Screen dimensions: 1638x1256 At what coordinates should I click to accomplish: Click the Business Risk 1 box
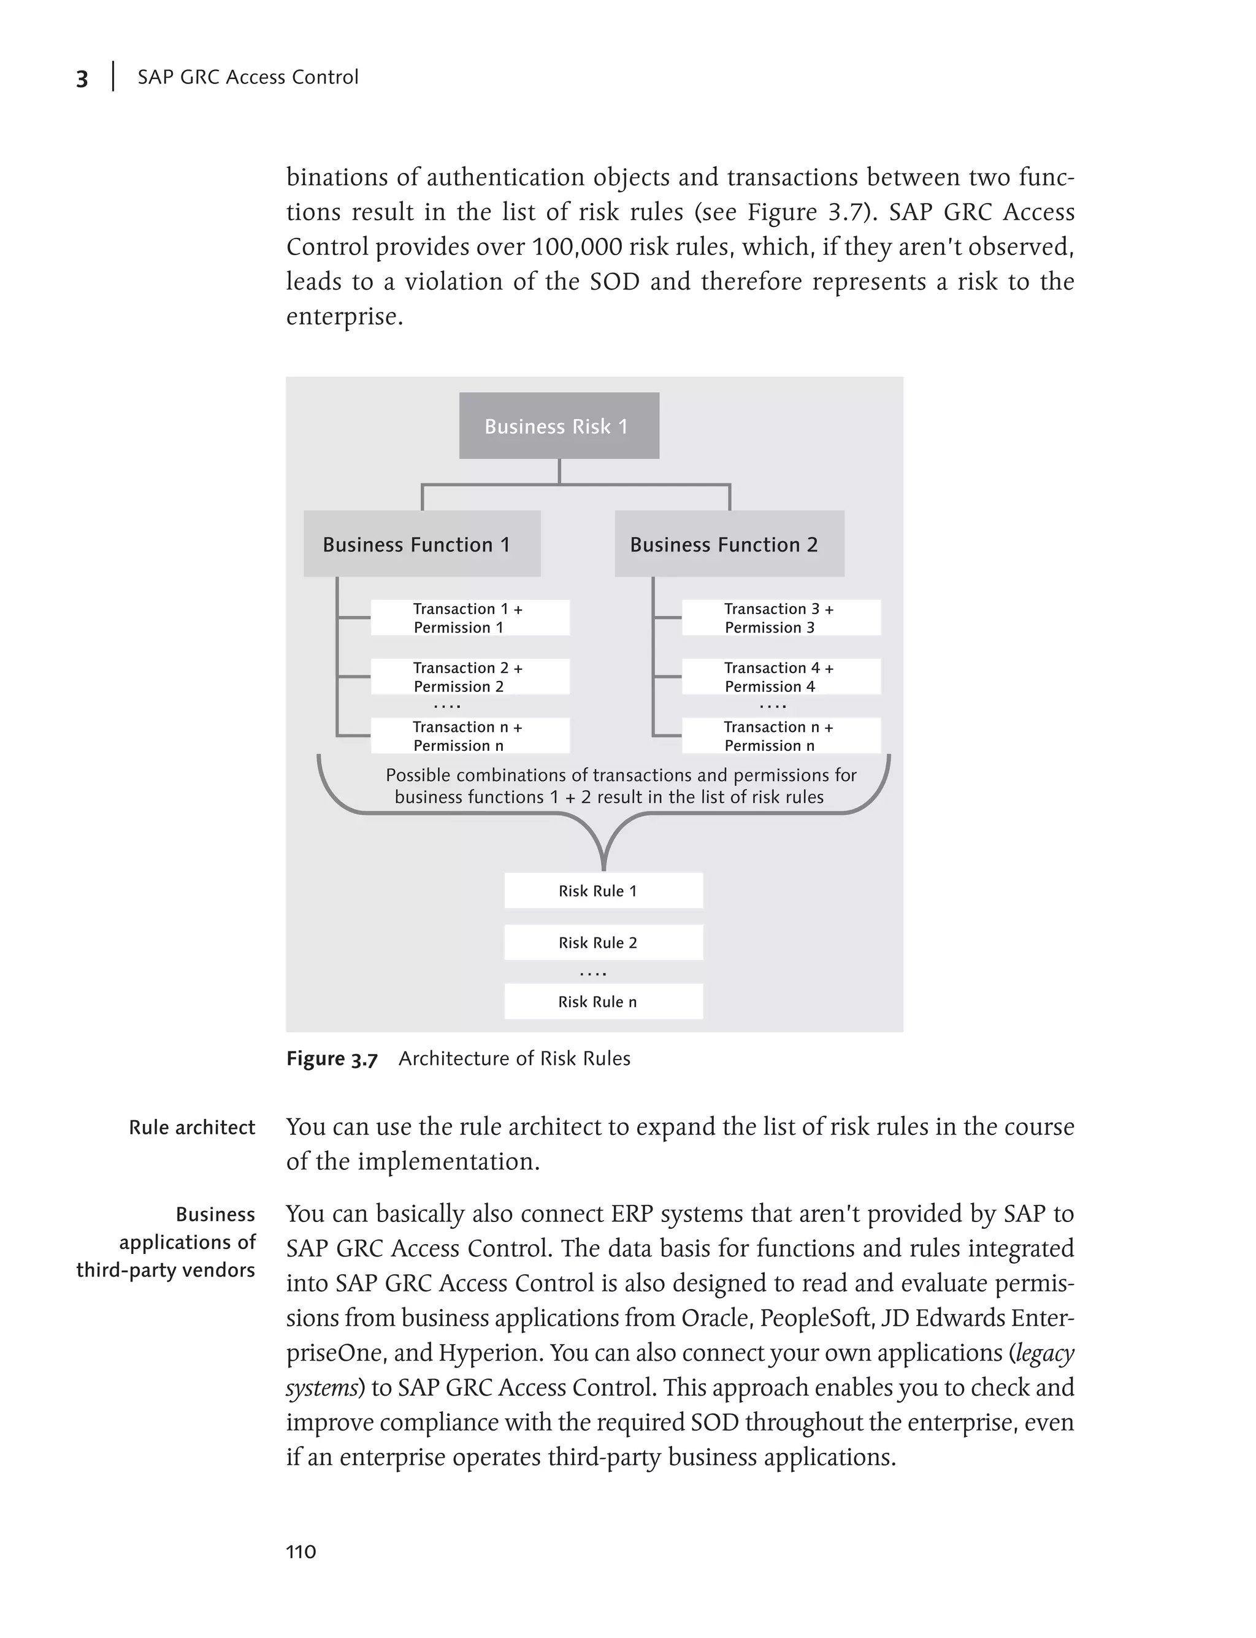(x=559, y=426)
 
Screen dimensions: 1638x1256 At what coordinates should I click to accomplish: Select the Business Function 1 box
(x=422, y=544)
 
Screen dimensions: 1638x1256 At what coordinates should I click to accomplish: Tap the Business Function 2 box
(x=729, y=544)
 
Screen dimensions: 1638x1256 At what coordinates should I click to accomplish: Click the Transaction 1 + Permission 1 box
(x=470, y=618)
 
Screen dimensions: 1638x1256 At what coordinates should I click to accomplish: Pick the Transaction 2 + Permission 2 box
(x=470, y=677)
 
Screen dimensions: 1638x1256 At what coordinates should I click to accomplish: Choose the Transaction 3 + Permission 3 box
(x=781, y=618)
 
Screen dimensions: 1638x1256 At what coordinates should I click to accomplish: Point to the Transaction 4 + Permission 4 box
(x=781, y=677)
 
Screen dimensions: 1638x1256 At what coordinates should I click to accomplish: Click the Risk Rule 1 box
(x=603, y=891)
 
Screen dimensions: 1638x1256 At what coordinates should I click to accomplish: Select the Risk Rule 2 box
(x=603, y=942)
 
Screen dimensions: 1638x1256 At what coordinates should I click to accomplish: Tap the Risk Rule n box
(x=603, y=1001)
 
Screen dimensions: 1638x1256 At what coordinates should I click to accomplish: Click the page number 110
(x=301, y=1552)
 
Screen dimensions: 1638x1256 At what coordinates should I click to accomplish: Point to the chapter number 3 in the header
(x=82, y=79)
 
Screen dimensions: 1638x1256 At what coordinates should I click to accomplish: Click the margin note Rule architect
(x=191, y=1127)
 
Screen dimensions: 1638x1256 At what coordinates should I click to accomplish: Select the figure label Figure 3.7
(x=332, y=1059)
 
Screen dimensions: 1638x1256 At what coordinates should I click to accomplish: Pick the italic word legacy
(x=1044, y=1353)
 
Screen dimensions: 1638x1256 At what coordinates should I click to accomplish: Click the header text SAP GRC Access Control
(x=248, y=77)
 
